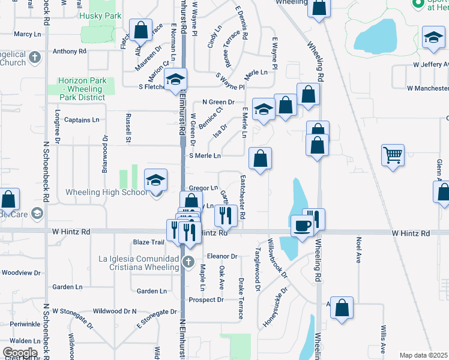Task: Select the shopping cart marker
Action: [393, 155]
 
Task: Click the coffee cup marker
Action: [302, 226]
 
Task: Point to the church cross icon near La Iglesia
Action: [188, 261]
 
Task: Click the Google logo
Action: [20, 353]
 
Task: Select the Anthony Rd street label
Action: [70, 52]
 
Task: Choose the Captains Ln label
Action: [82, 120]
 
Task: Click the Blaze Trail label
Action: [148, 242]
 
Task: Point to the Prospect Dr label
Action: [206, 300]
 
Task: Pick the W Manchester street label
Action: [427, 88]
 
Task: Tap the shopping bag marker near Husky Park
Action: [140, 30]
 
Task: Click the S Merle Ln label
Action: [205, 156]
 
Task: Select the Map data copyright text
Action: [424, 355]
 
